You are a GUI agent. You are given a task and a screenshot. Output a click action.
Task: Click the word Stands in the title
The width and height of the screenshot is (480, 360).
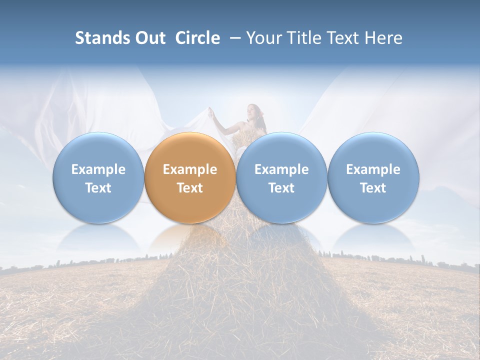click(x=101, y=38)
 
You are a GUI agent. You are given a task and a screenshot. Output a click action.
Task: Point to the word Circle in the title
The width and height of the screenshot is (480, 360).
click(x=197, y=38)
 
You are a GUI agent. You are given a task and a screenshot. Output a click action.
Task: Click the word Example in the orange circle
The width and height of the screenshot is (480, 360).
click(x=190, y=169)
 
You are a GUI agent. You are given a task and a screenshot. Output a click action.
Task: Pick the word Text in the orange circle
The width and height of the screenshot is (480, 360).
click(x=190, y=188)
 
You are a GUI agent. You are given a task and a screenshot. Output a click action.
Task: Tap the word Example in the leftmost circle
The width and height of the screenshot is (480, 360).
click(x=98, y=169)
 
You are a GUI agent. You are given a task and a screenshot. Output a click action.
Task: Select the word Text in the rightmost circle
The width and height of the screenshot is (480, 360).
click(x=373, y=188)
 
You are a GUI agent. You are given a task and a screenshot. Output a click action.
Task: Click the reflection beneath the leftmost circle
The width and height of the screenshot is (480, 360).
click(x=98, y=237)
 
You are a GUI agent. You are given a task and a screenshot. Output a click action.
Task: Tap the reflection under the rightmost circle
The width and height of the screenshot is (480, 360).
click(x=373, y=237)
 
